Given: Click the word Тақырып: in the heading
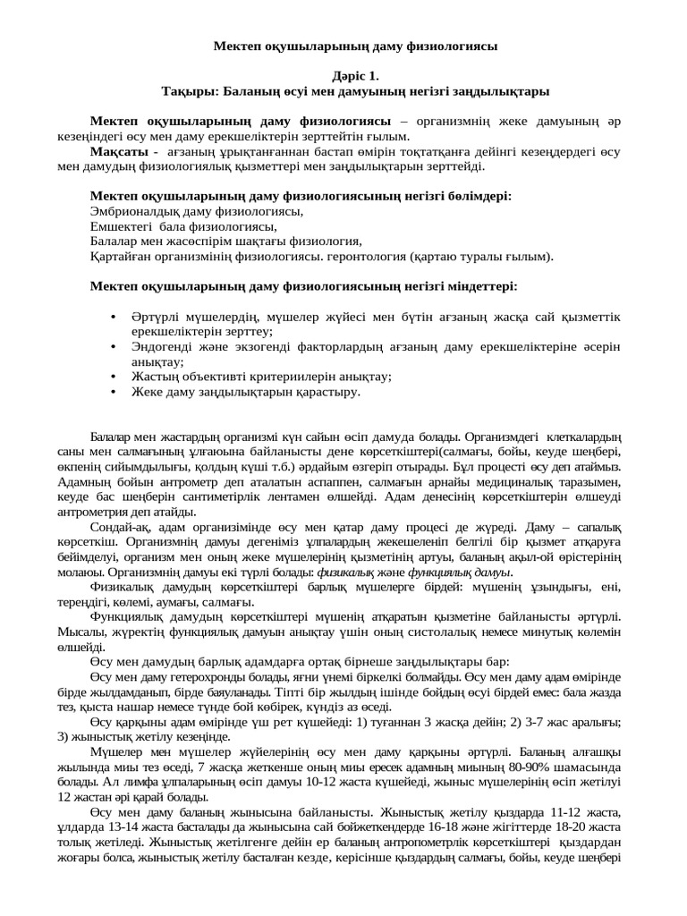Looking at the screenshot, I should pos(191,91).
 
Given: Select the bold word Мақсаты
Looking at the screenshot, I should pos(119,151).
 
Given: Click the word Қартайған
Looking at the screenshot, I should pos(121,256).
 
